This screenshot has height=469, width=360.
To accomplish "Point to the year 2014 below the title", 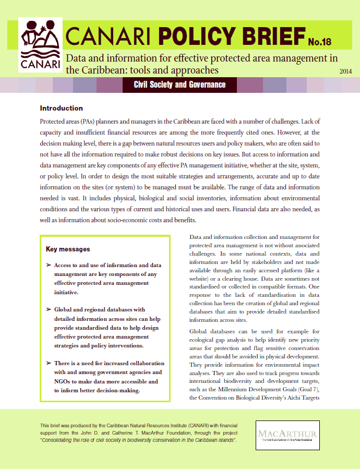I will (x=345, y=71).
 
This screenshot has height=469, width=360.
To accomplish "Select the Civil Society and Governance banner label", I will (x=179, y=85).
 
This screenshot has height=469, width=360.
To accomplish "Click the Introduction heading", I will (x=61, y=109).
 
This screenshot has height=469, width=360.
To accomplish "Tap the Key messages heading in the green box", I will (x=68, y=249).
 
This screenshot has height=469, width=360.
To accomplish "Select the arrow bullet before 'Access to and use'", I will (x=48, y=266).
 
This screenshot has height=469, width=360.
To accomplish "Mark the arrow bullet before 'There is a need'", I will (x=48, y=363).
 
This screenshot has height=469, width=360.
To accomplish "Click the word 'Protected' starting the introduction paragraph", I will (x=53, y=121).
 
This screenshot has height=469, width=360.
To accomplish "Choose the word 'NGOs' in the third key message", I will (x=63, y=381).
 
